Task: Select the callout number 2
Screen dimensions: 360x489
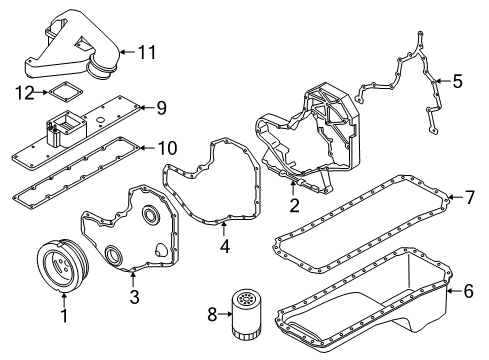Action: click(294, 207)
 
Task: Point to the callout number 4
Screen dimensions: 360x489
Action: click(224, 245)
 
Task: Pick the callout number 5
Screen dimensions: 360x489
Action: click(458, 80)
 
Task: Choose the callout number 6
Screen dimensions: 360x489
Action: click(466, 291)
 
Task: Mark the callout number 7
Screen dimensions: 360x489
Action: click(467, 198)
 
